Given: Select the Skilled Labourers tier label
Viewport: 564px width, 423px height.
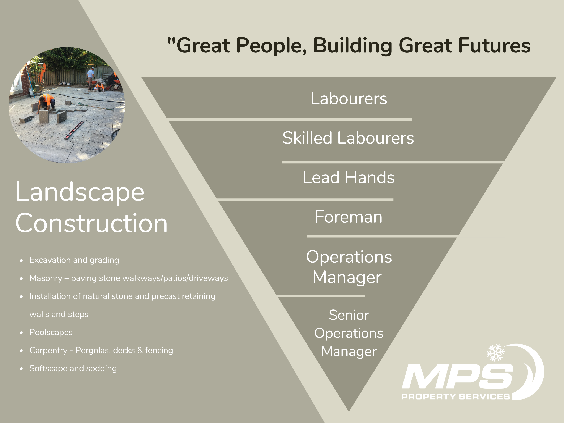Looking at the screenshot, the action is tap(348, 138).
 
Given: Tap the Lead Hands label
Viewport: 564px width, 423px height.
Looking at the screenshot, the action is tap(349, 177).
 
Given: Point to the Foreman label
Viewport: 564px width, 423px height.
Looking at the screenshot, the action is tap(349, 217).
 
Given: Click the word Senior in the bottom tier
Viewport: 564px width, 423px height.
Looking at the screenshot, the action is tap(349, 315).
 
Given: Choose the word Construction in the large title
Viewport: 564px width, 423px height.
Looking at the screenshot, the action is tap(91, 223).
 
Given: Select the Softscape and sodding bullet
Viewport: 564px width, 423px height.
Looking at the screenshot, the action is tap(73, 368).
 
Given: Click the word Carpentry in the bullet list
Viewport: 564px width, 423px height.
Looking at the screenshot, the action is tap(48, 351).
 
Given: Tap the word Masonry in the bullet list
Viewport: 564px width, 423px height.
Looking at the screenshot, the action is tap(46, 278).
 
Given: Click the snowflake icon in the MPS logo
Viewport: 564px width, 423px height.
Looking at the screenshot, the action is tap(495, 353).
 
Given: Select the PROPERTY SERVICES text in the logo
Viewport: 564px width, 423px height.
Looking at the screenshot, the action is tap(456, 397).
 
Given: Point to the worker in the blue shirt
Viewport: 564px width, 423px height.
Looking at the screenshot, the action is tap(90, 77).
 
